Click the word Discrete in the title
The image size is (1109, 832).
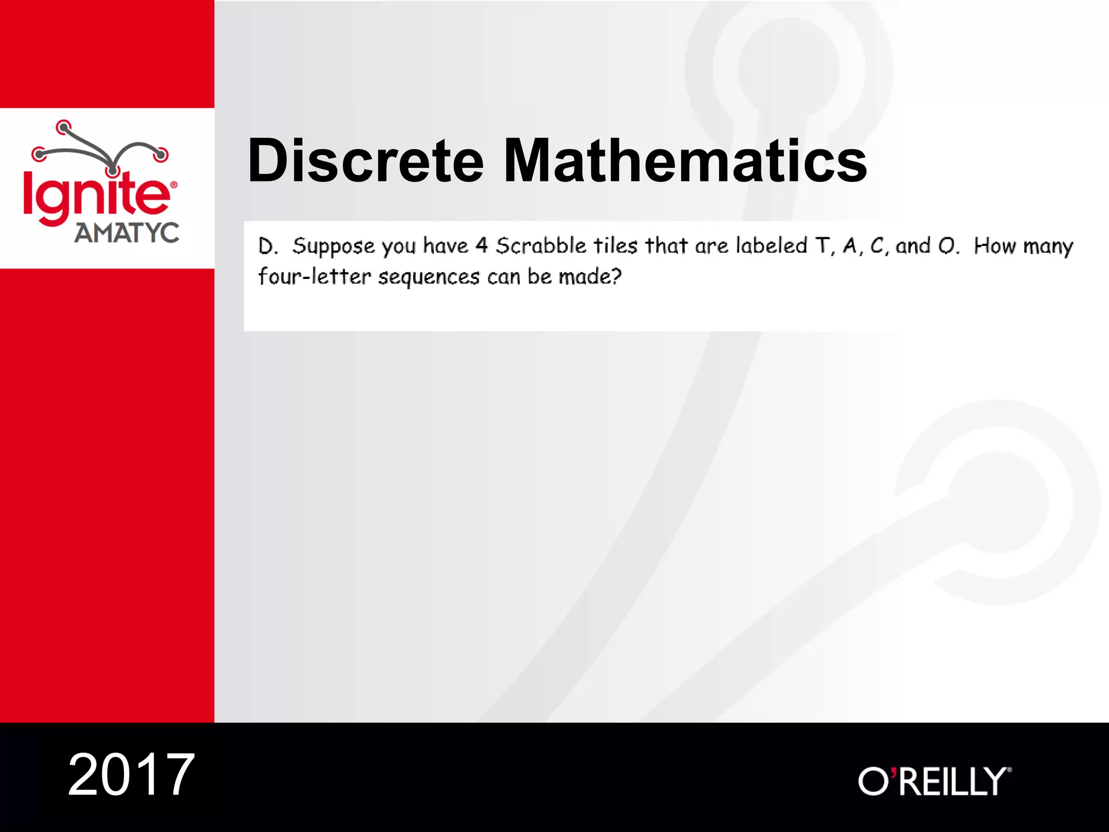click(366, 161)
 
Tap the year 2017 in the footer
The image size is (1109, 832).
click(131, 775)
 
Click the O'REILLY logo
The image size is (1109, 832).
click(935, 781)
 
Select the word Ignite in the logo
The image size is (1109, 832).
click(96, 197)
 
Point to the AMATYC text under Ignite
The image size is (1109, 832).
click(127, 233)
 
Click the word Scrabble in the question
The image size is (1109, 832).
click(541, 246)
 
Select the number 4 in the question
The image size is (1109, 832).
click(481, 246)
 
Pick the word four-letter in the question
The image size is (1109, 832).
click(315, 277)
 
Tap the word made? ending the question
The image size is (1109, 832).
click(590, 277)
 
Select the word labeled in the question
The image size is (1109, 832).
click(772, 246)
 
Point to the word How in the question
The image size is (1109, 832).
click(991, 246)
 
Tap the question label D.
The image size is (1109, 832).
click(268, 246)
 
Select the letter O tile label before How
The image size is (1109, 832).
click(947, 246)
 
